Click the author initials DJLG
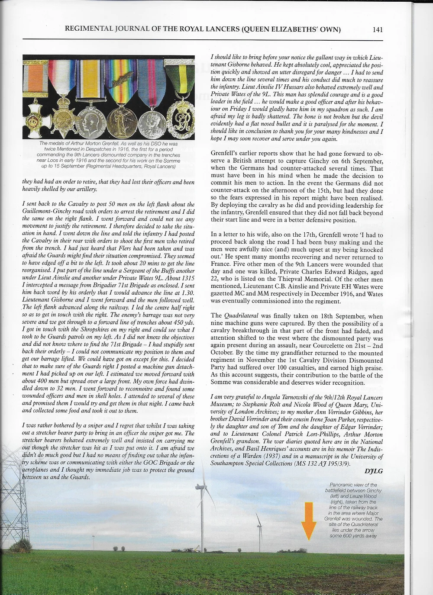374,471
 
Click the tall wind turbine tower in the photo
201,515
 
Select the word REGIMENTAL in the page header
88,29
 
